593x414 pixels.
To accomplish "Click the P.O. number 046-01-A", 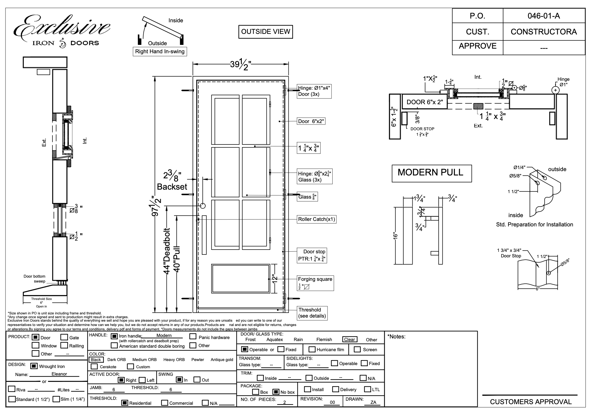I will point(543,16).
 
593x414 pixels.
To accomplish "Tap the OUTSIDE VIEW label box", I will point(266,32).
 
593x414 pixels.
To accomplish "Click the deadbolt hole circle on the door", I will point(203,206).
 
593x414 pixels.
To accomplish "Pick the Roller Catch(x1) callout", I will point(316,219).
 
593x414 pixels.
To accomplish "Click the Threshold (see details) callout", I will point(312,313).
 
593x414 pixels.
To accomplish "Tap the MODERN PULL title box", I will point(431,173).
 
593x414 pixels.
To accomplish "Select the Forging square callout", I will point(315,283).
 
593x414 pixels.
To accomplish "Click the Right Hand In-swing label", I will point(160,52).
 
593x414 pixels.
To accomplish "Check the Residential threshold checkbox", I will point(125,403).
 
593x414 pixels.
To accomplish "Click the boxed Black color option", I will point(96,360).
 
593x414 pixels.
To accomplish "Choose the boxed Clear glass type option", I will point(349,339).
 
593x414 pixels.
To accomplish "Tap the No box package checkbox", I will point(276,392).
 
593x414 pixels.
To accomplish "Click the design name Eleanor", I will point(59,374).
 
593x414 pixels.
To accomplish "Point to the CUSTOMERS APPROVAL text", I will point(531,402).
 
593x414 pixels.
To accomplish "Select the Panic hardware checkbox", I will point(193,336).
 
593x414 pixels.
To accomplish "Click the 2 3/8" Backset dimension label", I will point(172,181).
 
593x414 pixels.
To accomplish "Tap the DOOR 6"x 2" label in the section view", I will point(424,102).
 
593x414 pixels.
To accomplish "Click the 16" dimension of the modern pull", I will point(396,236).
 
